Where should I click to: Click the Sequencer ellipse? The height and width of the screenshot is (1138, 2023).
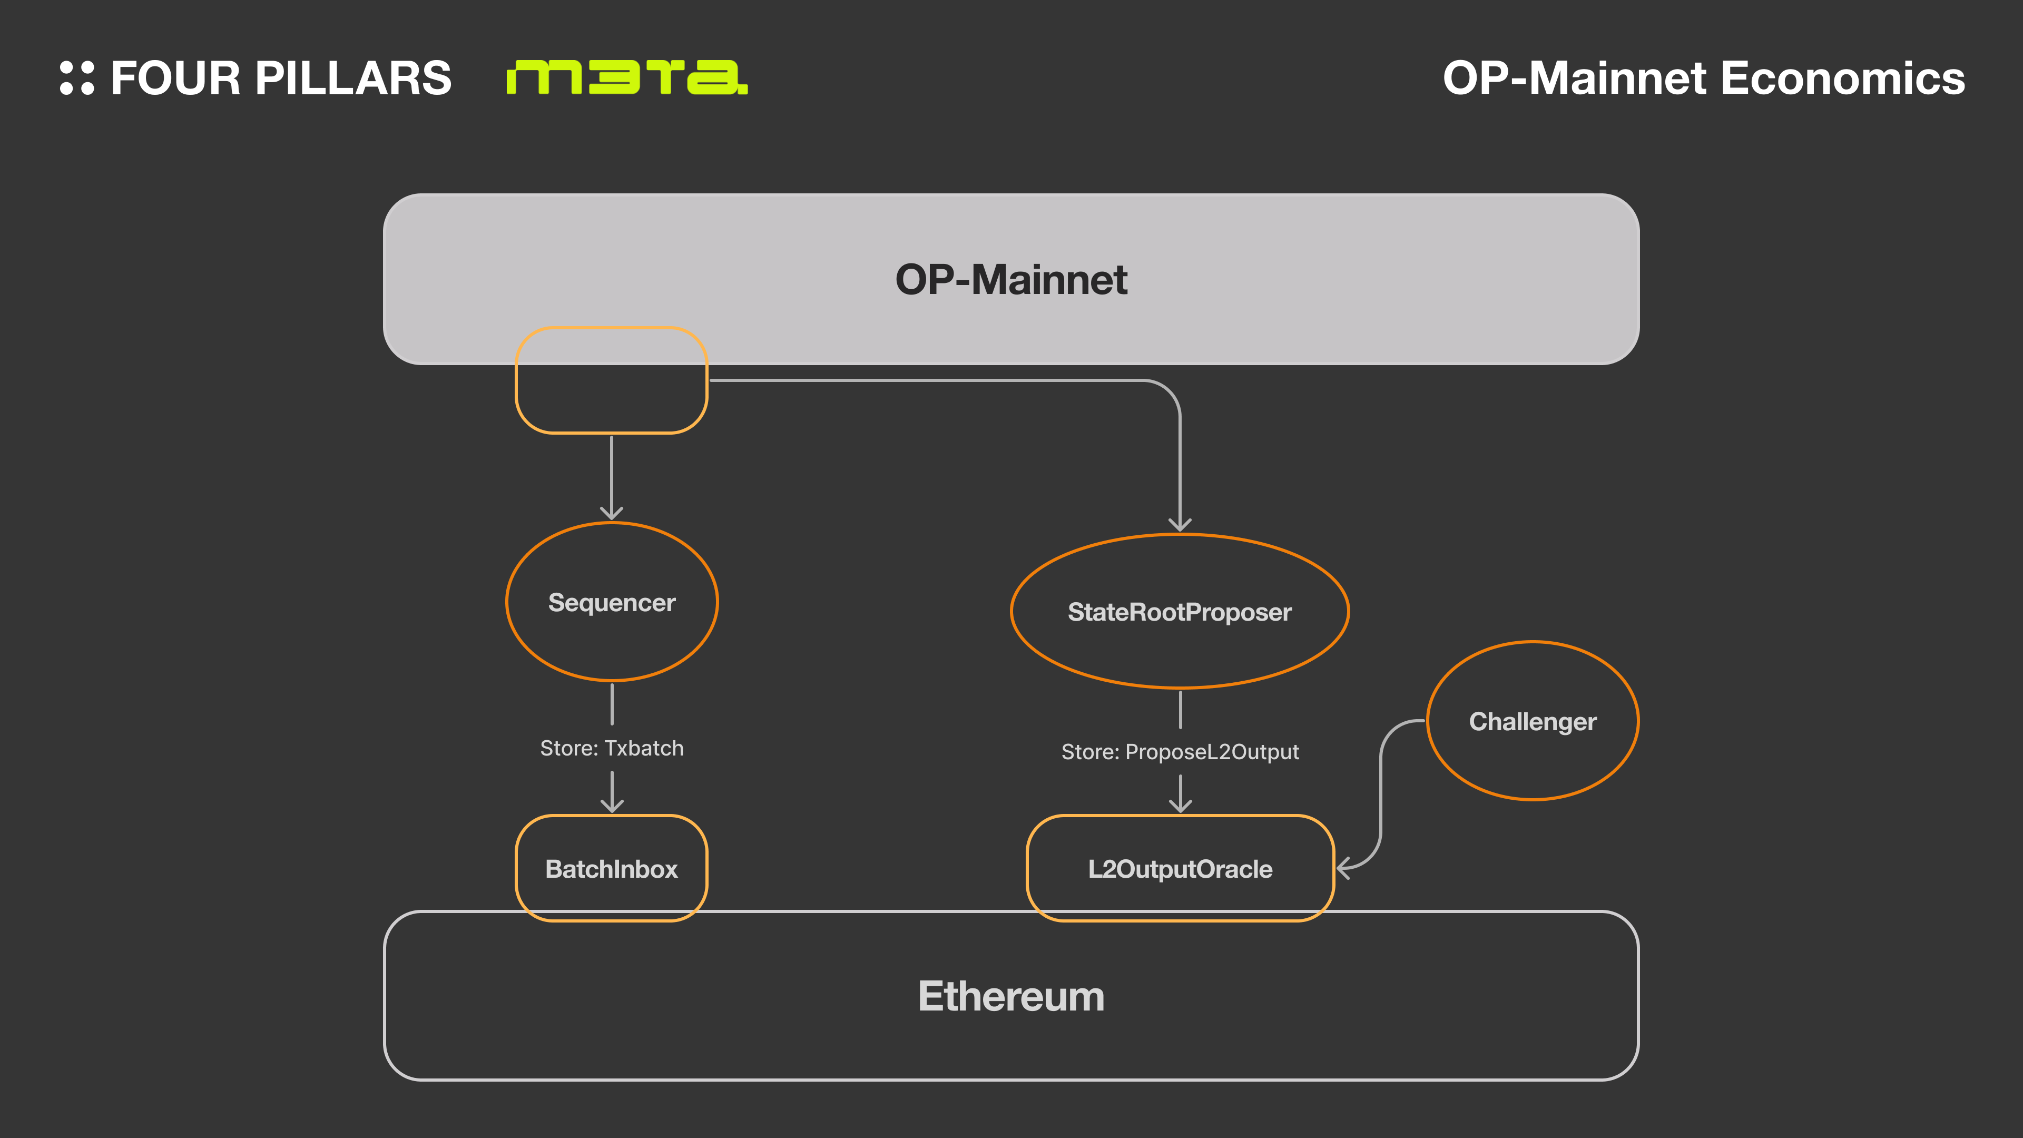[x=612, y=602]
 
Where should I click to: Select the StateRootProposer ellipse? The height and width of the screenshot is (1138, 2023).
[x=1180, y=612]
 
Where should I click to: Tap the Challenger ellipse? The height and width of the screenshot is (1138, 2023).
[x=1532, y=721]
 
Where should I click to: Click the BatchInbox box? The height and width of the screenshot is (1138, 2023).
[x=611, y=869]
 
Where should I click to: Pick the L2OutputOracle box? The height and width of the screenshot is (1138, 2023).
[x=1180, y=869]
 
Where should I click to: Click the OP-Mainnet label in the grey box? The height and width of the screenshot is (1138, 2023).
[x=1011, y=280]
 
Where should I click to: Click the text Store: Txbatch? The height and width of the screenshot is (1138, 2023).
[x=612, y=748]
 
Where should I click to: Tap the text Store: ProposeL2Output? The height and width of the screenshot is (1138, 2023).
[x=1180, y=752]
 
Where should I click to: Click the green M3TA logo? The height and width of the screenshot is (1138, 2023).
[x=627, y=77]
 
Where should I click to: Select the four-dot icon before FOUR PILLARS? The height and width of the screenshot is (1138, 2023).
[x=77, y=78]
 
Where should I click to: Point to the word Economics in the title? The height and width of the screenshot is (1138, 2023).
[x=1842, y=78]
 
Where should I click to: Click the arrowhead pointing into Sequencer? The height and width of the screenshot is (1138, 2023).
[x=612, y=512]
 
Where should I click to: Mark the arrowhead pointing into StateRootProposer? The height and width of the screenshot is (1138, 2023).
[x=1180, y=524]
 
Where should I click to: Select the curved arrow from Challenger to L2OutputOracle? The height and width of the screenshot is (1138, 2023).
[x=1381, y=793]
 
